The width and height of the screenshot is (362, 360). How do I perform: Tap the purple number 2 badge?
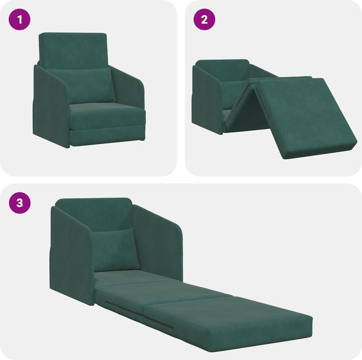point(205,20)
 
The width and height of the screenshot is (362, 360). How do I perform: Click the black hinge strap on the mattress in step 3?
point(160,321)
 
